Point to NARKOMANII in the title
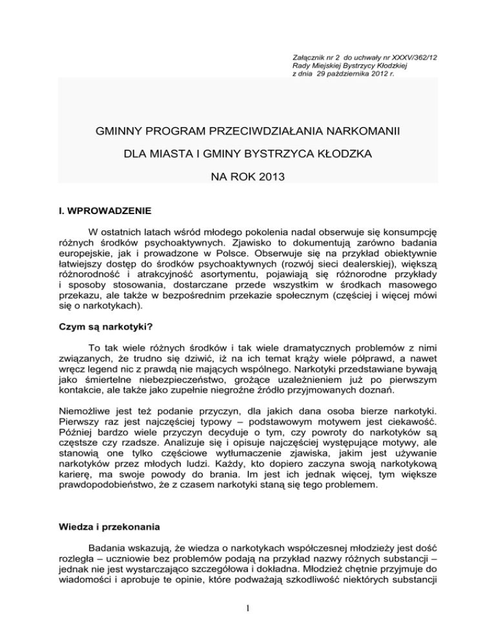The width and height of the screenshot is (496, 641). coord(362,132)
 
